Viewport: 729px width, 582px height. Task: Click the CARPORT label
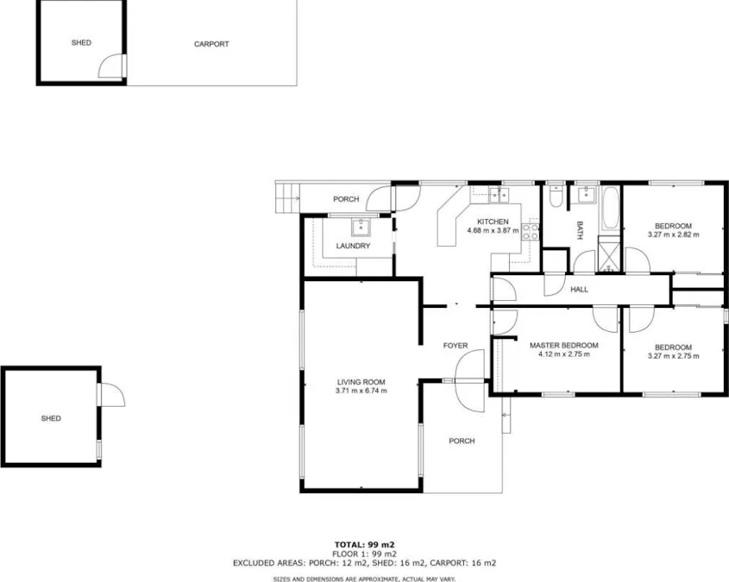(x=211, y=44)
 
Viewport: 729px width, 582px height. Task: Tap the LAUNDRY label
(x=353, y=247)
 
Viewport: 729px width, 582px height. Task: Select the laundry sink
(x=360, y=228)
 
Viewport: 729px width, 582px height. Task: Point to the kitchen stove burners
(x=531, y=230)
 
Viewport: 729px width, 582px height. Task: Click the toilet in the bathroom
(x=556, y=198)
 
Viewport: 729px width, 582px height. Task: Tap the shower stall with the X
(x=608, y=256)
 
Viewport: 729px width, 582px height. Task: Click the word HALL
(x=579, y=290)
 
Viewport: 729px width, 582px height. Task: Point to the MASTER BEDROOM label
(x=563, y=345)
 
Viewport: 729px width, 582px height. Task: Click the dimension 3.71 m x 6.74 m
(x=361, y=391)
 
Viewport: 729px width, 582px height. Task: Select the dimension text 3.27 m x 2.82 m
(x=673, y=234)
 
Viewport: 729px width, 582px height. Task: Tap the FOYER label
(x=456, y=346)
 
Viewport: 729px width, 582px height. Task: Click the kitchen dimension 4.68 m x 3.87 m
(x=493, y=230)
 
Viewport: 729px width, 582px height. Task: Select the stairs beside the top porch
(x=286, y=197)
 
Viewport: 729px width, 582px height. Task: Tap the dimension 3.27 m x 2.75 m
(x=673, y=357)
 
